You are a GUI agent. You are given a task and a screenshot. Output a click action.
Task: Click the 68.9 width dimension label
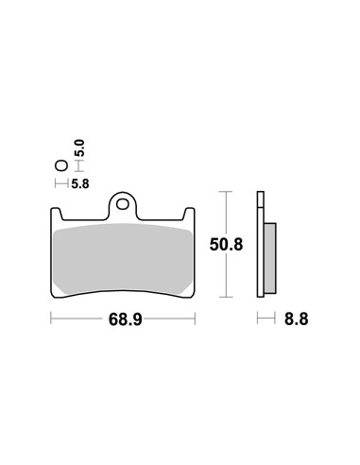tap(126, 319)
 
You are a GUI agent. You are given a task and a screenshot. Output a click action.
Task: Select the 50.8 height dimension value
tap(226, 245)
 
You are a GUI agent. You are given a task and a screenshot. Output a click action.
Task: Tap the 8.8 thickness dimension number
tap(296, 319)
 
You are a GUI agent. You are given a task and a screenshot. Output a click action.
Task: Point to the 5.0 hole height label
tap(80, 148)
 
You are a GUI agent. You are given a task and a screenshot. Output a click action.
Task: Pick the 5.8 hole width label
tap(80, 183)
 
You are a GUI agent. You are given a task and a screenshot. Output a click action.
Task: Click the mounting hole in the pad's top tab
tap(123, 204)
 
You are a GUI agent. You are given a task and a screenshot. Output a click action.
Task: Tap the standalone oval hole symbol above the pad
tap(61, 165)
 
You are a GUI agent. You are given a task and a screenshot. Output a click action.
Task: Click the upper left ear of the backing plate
tap(57, 214)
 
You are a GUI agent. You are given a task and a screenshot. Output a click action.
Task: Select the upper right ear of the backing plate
tap(189, 214)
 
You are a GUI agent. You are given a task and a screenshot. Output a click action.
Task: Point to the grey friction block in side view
tap(270, 258)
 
